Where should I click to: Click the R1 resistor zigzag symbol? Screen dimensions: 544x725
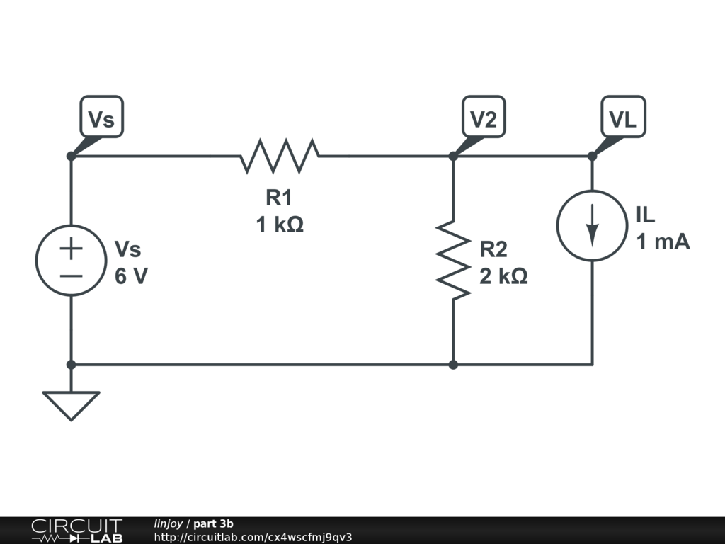click(280, 156)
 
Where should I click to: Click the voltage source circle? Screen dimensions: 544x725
click(71, 260)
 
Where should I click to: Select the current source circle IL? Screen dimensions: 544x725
click(593, 225)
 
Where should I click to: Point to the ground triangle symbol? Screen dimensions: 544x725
click(71, 406)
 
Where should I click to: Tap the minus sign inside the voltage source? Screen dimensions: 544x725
click(71, 274)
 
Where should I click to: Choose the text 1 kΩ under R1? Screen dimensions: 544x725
click(280, 225)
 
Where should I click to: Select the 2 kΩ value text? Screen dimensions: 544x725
click(503, 276)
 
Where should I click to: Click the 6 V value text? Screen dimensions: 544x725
click(132, 276)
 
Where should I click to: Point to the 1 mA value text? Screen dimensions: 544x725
click(663, 242)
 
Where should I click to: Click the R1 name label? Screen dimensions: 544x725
click(280, 198)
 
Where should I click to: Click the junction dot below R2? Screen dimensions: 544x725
click(453, 365)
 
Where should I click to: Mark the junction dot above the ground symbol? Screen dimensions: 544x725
click(71, 365)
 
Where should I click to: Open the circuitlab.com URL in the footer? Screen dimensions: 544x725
click(253, 537)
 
